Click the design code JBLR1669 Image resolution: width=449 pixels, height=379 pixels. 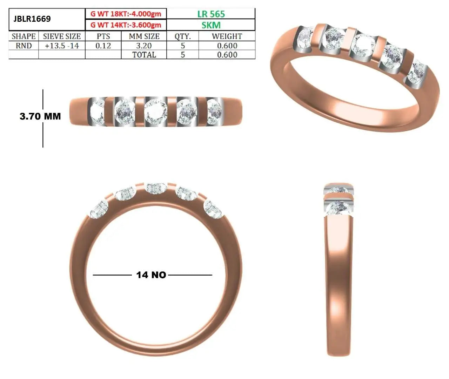(x=32, y=19)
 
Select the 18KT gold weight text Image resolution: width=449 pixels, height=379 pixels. (x=126, y=14)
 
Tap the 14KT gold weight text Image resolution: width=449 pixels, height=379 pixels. (x=126, y=25)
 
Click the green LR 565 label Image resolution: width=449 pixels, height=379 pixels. (x=211, y=14)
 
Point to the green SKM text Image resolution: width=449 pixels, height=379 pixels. (x=211, y=25)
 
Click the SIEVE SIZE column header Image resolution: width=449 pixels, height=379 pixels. (x=62, y=36)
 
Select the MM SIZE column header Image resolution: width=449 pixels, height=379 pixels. (x=144, y=36)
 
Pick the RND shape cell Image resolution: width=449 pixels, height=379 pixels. (x=24, y=46)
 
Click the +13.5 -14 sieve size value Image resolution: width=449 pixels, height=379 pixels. (x=62, y=46)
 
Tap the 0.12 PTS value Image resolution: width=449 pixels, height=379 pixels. (x=103, y=46)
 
